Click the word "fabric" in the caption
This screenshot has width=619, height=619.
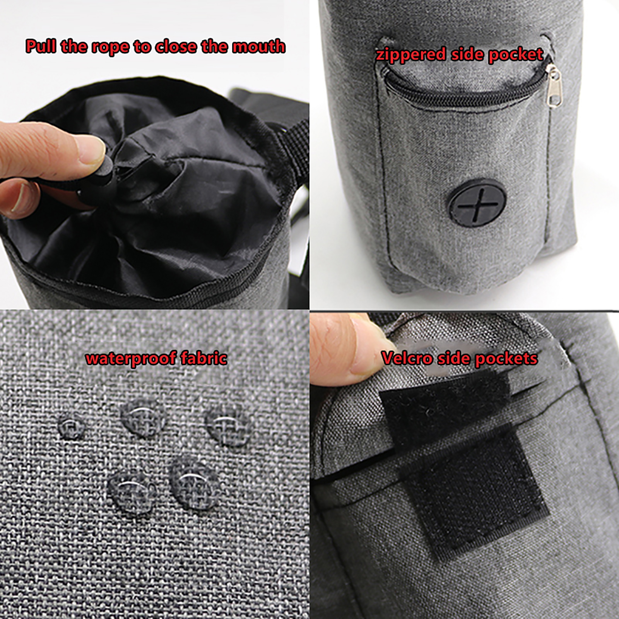(x=204, y=357)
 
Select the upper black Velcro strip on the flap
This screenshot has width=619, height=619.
(x=445, y=410)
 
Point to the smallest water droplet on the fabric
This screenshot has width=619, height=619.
(x=71, y=426)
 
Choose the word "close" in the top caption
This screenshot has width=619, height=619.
(x=176, y=46)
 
